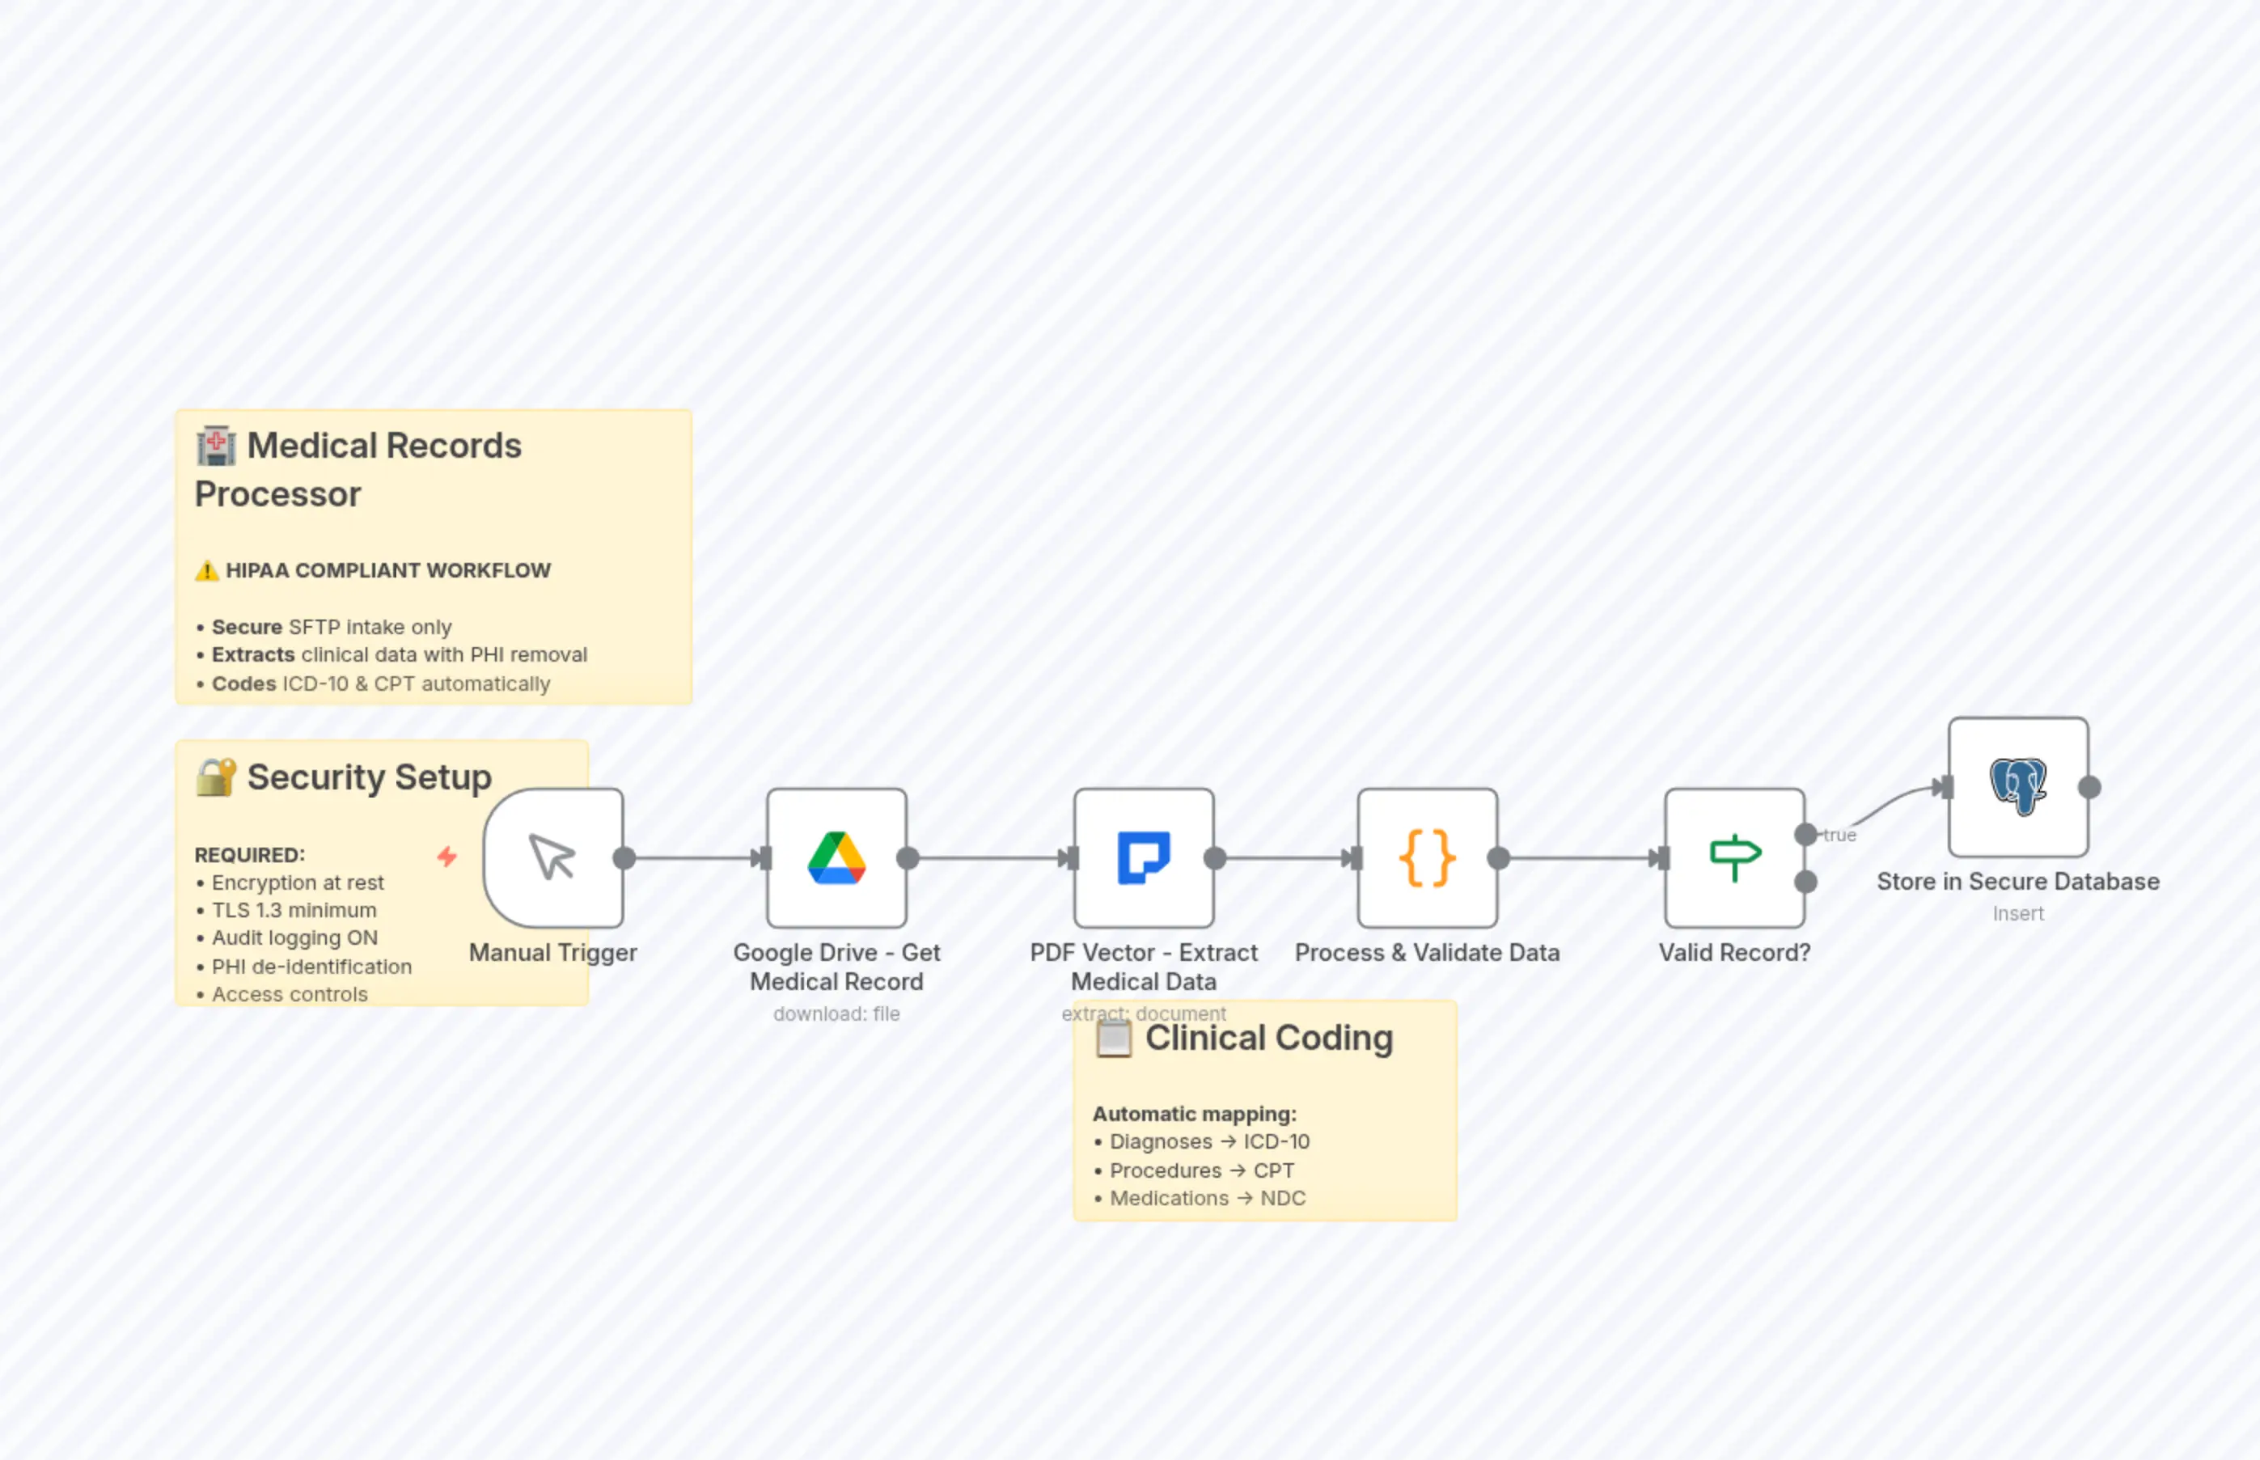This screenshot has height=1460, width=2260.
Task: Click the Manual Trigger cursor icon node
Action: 552,857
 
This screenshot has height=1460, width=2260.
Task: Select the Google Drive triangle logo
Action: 836,857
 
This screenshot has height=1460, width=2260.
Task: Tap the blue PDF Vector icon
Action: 1143,857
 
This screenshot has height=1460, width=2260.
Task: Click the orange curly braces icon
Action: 1427,857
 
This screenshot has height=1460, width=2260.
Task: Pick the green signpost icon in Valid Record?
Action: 1734,857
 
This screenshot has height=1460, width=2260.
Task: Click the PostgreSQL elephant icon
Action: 2017,786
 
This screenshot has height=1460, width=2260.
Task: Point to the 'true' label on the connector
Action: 1839,836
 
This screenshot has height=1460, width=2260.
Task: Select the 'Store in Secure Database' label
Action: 2017,882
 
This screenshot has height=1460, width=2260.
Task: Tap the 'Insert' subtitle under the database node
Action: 2017,914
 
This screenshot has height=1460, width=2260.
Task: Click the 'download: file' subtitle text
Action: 836,1014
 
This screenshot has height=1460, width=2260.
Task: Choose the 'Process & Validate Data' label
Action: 1427,953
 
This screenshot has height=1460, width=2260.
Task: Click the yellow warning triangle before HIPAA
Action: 206,571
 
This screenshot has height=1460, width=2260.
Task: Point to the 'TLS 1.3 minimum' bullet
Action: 294,910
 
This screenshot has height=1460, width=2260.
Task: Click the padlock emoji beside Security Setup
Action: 216,777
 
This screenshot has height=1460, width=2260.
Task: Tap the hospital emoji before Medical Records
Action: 216,446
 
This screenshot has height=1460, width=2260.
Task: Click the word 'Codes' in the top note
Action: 243,683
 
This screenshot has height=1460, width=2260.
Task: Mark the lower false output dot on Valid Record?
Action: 1806,882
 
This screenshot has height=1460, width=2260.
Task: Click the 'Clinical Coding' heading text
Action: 1268,1038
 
